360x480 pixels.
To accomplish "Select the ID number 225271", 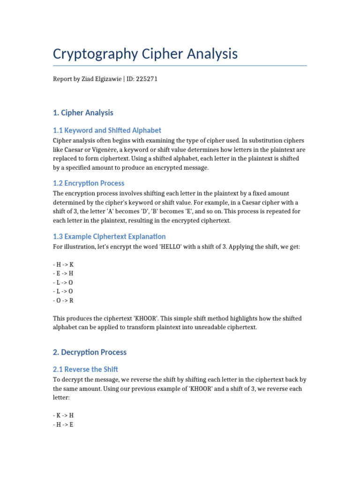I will pos(147,79).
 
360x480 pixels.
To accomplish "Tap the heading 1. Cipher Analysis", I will pos(83,113).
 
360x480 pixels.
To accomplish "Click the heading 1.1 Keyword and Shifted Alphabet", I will pos(107,130).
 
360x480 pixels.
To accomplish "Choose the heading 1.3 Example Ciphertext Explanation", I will pos(109,237).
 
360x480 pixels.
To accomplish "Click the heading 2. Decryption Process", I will pos(90,352).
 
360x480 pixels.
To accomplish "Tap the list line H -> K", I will pos(63,265).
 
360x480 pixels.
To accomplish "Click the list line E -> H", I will pos(63,274).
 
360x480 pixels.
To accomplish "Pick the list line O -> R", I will pos(63,300).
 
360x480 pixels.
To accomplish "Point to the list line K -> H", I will pos(63,416).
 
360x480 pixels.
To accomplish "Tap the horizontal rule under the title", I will pos(180,66).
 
